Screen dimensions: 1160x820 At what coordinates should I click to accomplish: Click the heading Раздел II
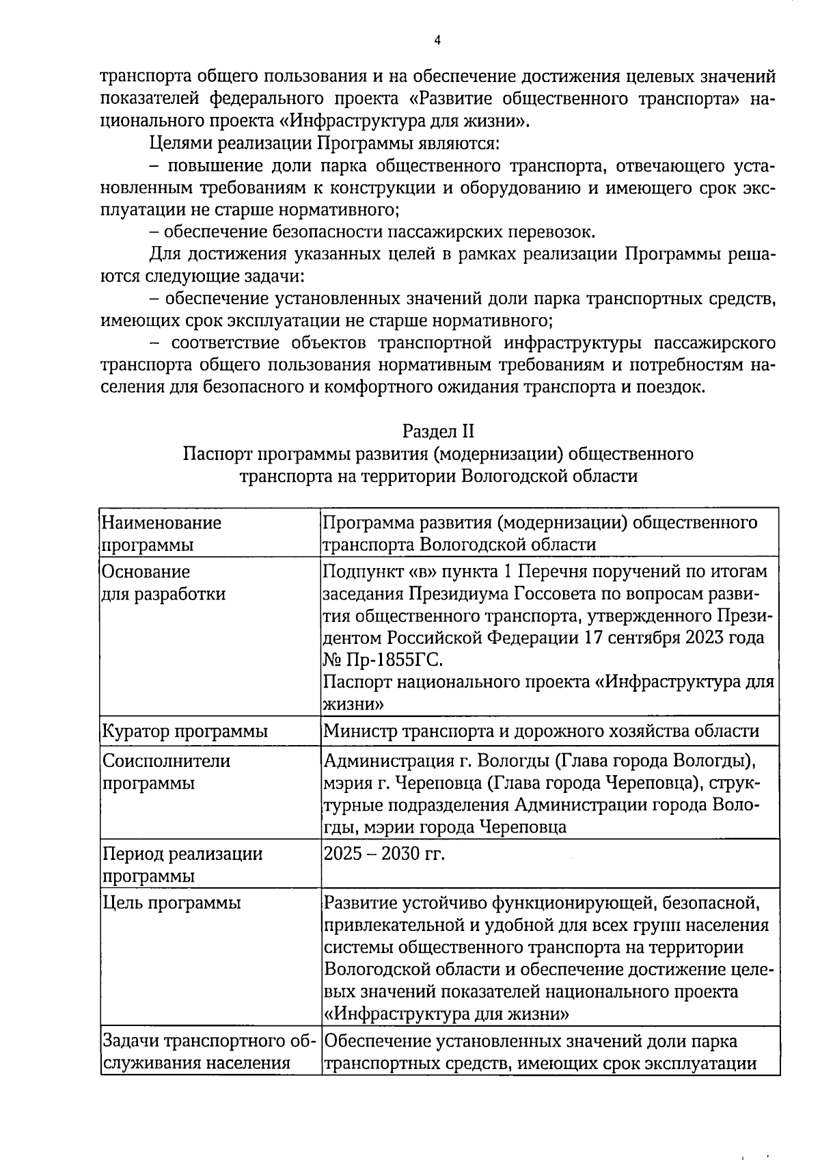pos(437,431)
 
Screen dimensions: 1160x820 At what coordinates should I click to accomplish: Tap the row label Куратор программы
pos(184,731)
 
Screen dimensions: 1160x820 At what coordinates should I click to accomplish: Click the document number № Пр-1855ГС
pos(383,660)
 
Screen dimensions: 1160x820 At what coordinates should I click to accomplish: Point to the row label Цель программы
pos(172,903)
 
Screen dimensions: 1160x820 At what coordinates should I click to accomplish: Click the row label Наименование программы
pos(162,534)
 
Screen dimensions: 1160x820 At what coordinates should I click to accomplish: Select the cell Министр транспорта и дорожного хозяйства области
pos(541,731)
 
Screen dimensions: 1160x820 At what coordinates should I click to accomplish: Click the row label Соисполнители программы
pos(167,772)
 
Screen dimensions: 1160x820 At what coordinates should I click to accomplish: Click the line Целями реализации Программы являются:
pos(325,144)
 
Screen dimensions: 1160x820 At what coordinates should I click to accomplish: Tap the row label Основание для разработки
pos(164,582)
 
